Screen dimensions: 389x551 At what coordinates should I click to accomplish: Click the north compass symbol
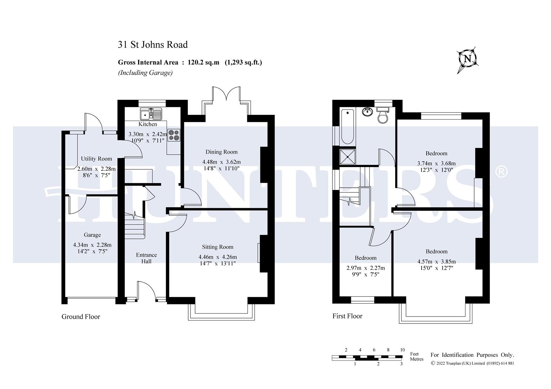467,59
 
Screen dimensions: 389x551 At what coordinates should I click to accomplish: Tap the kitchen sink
151,114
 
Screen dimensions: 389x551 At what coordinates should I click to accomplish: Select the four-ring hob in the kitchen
173,135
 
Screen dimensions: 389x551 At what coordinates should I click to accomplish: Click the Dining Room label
221,152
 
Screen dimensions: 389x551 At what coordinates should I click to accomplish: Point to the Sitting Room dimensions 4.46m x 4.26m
217,257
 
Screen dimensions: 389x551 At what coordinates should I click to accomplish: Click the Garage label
92,235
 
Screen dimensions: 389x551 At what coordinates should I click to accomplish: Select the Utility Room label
96,159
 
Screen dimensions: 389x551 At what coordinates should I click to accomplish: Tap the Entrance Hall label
146,258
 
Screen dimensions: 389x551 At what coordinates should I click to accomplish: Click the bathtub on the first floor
347,126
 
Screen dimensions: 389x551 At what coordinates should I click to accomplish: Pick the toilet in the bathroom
382,115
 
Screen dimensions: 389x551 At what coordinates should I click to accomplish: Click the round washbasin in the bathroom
367,112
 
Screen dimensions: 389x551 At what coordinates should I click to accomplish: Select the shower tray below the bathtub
347,157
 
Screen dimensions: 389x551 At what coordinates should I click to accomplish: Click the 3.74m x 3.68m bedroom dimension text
436,163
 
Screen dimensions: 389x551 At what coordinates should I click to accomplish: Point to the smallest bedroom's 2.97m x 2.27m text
366,268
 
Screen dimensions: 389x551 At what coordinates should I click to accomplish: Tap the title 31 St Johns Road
153,45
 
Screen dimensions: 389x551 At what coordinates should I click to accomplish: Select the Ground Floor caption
81,317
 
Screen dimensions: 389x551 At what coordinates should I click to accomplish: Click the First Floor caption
347,316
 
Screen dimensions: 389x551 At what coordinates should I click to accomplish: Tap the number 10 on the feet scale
402,350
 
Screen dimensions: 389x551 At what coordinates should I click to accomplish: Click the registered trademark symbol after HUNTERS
501,172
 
